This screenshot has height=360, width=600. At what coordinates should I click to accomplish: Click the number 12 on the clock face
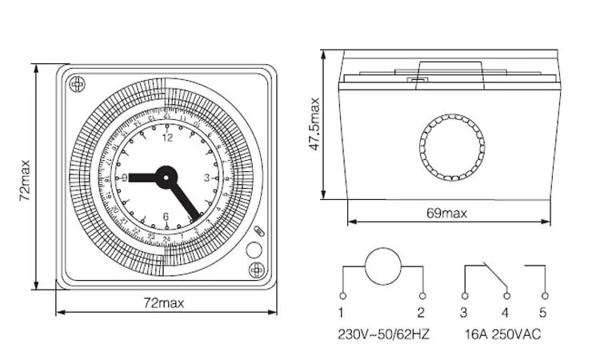pyautogui.click(x=167, y=138)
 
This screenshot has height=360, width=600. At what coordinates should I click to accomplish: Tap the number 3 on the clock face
pyautogui.click(x=206, y=178)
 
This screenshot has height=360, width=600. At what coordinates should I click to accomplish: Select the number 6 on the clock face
pyautogui.click(x=166, y=216)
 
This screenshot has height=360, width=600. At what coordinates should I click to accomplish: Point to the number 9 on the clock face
pyautogui.click(x=125, y=178)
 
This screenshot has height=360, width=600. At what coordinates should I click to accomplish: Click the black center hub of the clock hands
pyautogui.click(x=166, y=177)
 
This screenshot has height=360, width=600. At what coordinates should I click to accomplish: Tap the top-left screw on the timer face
pyautogui.click(x=77, y=84)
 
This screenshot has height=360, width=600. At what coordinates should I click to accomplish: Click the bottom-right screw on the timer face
pyautogui.click(x=256, y=270)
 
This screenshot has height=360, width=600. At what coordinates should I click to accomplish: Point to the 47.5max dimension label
pyautogui.click(x=315, y=124)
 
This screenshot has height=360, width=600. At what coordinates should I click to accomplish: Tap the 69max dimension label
pyautogui.click(x=446, y=213)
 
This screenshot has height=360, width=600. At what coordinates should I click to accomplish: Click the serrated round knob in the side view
pyautogui.click(x=452, y=146)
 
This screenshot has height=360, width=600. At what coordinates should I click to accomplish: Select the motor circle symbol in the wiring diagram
pyautogui.click(x=382, y=266)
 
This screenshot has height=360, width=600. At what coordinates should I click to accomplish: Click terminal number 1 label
pyautogui.click(x=341, y=312)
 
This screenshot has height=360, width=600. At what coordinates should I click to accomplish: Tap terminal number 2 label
pyautogui.click(x=421, y=312)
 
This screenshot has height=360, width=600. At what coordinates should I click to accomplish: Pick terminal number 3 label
pyautogui.click(x=464, y=312)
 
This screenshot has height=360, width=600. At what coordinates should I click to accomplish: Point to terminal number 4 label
pyautogui.click(x=505, y=312)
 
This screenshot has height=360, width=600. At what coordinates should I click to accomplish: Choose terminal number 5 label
pyautogui.click(x=544, y=312)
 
